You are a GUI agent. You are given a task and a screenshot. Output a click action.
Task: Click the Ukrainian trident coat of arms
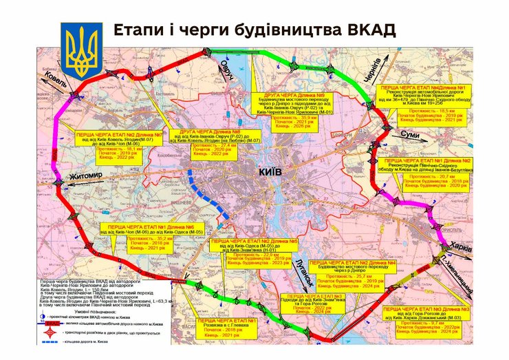(81, 50)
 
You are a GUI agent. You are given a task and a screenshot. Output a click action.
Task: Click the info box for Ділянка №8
(204, 144)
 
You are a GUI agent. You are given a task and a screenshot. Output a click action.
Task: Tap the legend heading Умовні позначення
(87, 310)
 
